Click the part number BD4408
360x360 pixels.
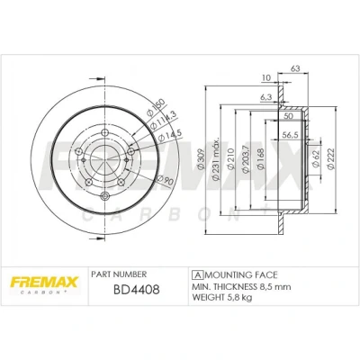point(137,290)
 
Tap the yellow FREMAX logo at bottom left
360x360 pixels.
point(44,283)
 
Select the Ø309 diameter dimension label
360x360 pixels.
point(201,160)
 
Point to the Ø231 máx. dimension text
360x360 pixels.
point(216,159)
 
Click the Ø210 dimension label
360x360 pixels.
point(230,159)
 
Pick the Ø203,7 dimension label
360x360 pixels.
point(246,159)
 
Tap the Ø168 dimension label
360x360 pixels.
point(261,159)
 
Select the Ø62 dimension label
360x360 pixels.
point(315,157)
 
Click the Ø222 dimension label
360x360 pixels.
point(331,159)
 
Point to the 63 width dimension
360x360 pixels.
point(295,68)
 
